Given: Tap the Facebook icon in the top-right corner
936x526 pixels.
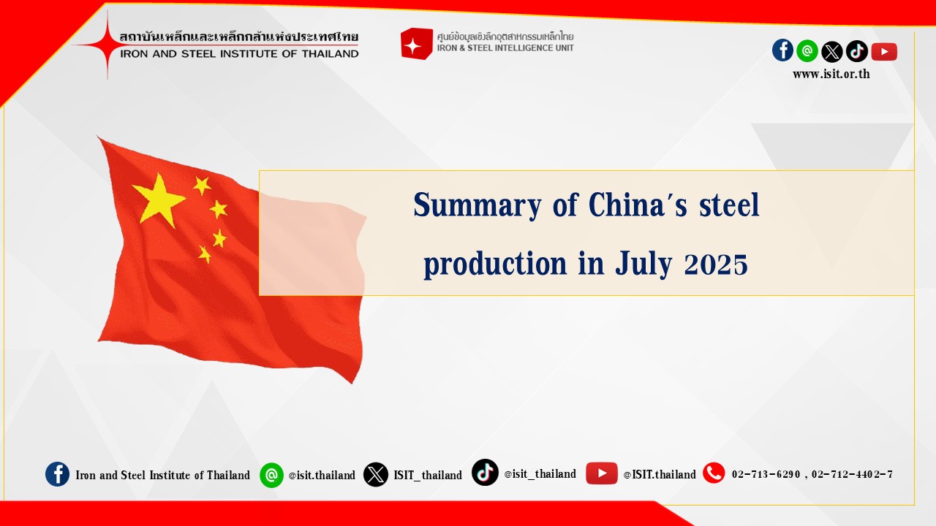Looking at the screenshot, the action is coord(782,50).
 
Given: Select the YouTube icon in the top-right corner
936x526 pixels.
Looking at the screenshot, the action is coord(884,52).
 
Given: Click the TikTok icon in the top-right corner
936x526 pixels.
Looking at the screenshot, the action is coord(856,51).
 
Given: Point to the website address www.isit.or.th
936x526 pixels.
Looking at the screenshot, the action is coord(831,75).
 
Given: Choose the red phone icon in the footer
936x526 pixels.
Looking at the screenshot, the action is coord(714,473).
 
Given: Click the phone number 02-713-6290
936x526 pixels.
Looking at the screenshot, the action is coord(766,474).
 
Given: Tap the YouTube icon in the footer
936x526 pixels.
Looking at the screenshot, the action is coord(601,473).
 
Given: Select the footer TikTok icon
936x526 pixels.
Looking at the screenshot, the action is coord(485,472).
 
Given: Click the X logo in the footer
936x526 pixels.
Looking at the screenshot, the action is coord(375,474).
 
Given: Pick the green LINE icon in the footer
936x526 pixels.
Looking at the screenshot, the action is coord(271,475).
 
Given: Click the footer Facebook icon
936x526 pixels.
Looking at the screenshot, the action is coord(57,474).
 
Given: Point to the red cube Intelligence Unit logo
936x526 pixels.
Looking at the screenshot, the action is coord(416,43).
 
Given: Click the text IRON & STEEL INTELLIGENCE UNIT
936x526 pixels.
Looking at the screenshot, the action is coord(505,48).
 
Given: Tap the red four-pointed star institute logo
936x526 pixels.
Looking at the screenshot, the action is coord(107,45).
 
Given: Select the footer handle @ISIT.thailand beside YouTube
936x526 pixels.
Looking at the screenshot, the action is coord(660,475).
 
